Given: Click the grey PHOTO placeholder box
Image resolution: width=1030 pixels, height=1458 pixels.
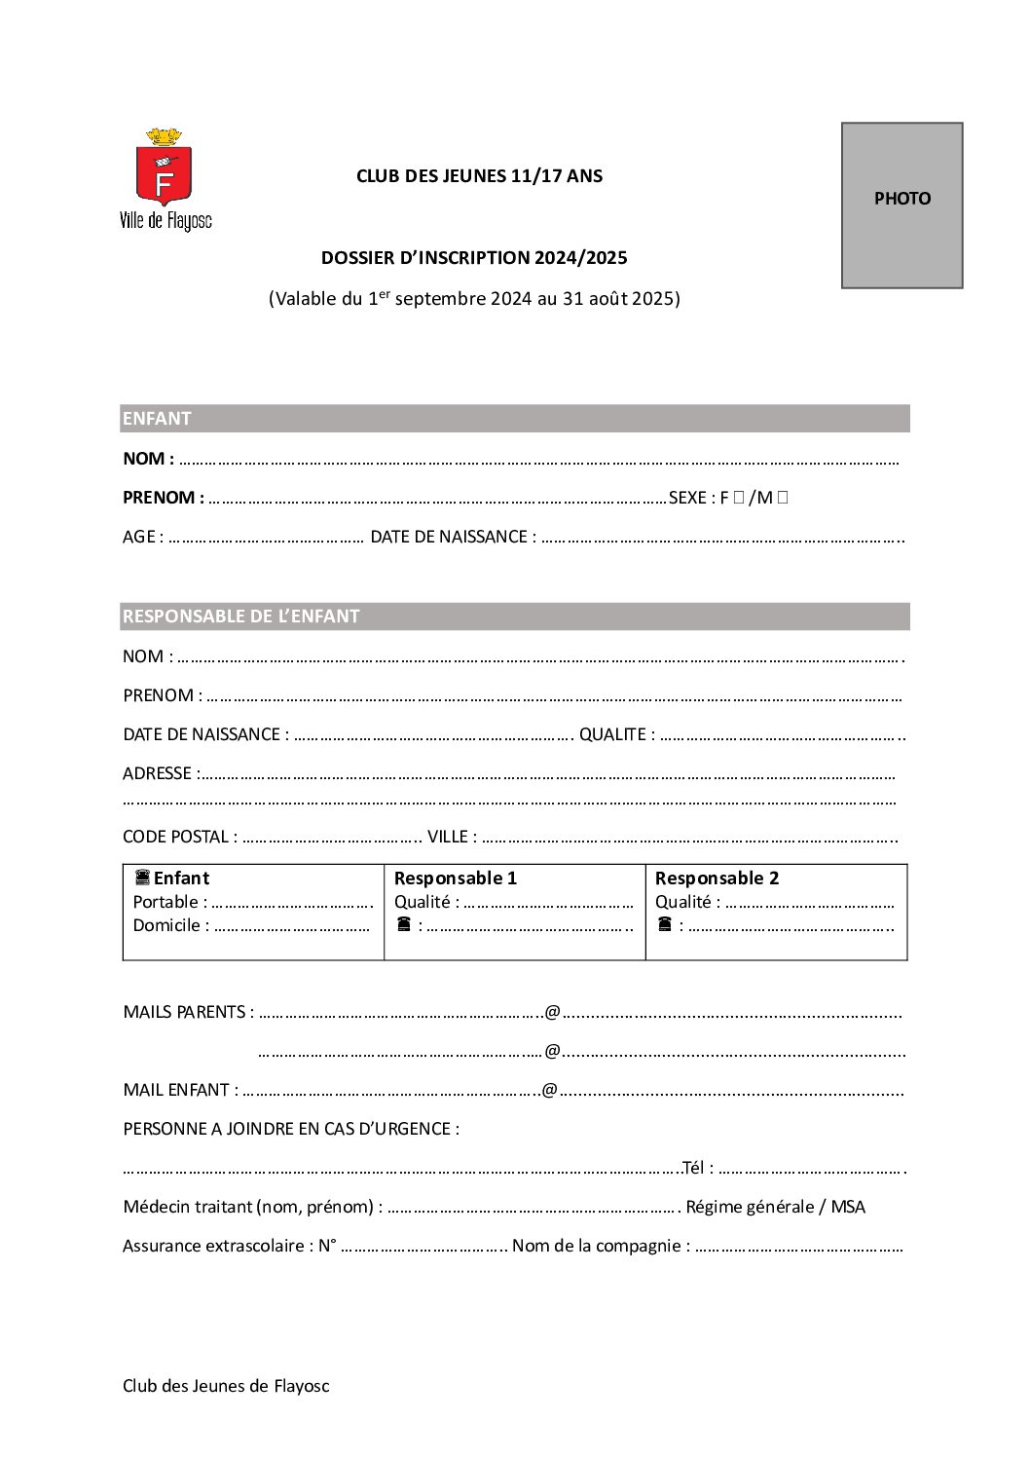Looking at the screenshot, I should click(x=901, y=205).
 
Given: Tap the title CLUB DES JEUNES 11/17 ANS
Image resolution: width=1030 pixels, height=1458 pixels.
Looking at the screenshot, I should click(x=479, y=176).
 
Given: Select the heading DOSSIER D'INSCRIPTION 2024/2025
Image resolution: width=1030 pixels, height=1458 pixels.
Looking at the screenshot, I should click(x=474, y=258).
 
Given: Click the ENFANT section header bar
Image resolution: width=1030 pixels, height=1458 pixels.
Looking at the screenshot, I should click(x=514, y=419).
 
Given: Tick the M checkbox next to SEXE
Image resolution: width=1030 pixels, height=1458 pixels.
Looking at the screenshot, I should click(x=783, y=498).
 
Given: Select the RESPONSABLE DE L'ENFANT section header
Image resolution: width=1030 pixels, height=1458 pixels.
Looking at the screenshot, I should click(x=514, y=617).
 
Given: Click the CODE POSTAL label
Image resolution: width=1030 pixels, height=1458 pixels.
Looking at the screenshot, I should click(x=175, y=837).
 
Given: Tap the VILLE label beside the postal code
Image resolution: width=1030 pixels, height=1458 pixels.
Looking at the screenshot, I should click(x=448, y=837).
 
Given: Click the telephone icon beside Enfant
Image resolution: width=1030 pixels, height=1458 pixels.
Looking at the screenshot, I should click(x=142, y=878).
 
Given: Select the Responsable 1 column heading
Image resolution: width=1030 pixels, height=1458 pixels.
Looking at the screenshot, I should click(x=456, y=878).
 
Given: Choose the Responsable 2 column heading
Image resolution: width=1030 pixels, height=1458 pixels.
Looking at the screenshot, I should click(x=717, y=878).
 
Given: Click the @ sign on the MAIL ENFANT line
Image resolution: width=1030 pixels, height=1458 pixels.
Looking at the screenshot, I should click(x=549, y=1090).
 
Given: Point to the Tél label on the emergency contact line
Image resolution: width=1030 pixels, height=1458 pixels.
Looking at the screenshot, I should click(x=693, y=1168).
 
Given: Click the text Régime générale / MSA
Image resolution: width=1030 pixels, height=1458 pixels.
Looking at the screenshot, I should click(x=775, y=1207).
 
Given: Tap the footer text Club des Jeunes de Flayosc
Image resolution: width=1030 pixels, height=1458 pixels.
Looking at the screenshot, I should click(x=226, y=1386).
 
